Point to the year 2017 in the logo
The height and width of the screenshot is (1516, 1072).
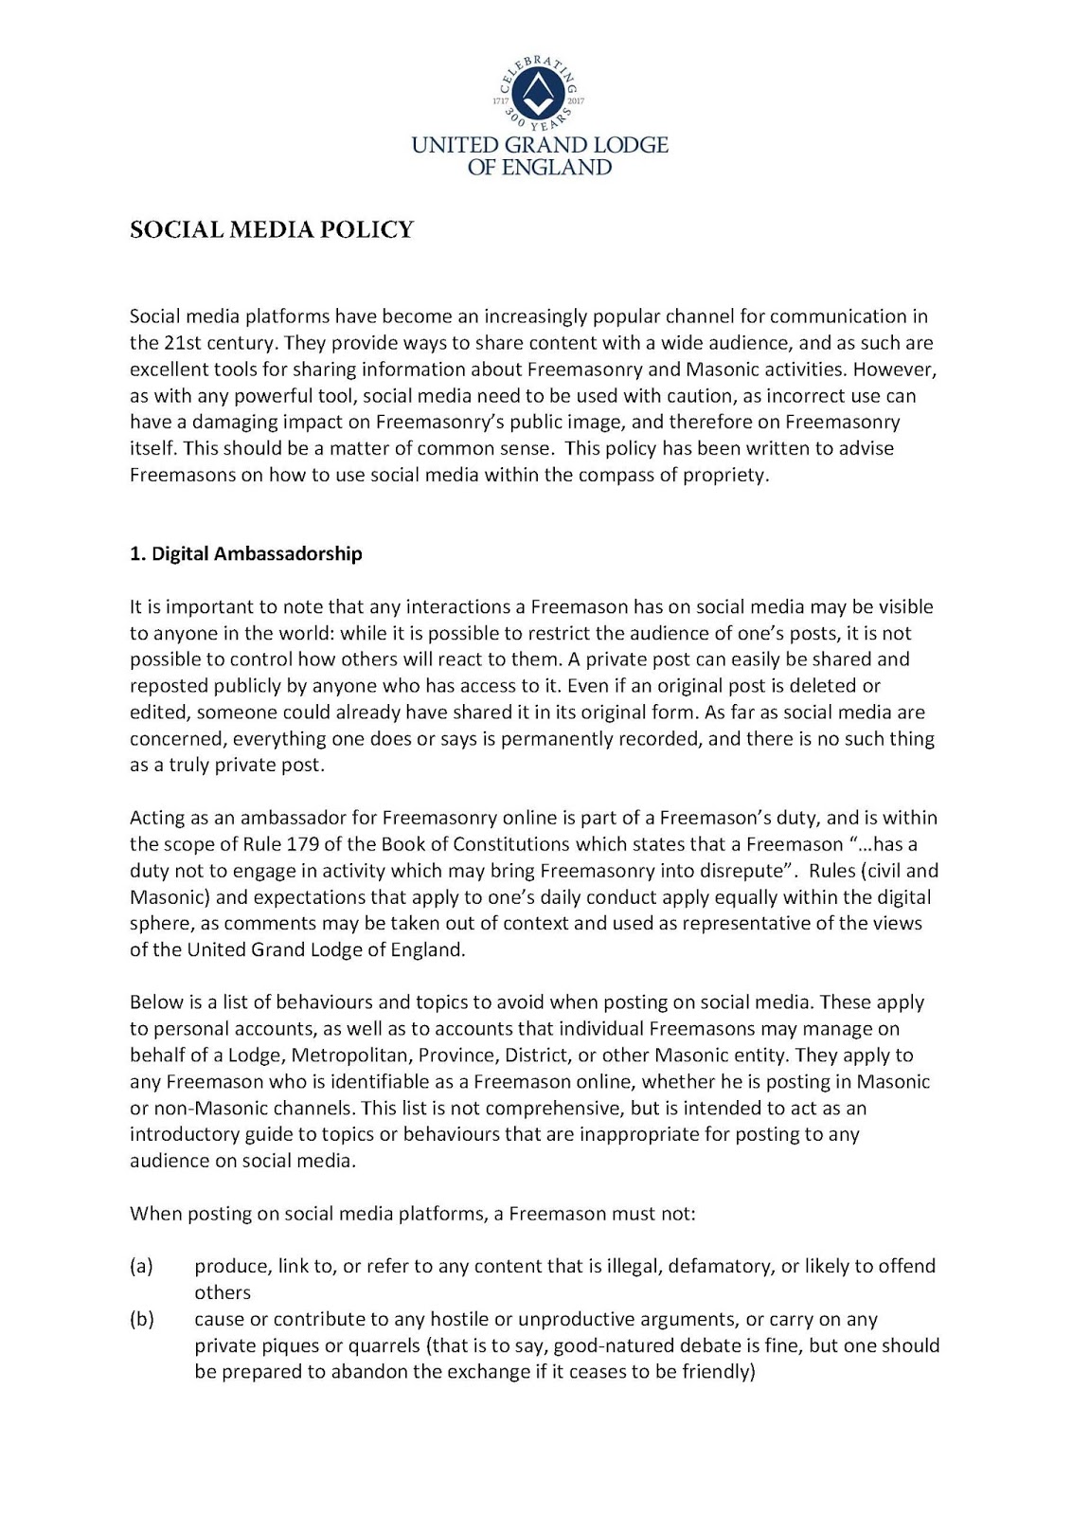[576, 99]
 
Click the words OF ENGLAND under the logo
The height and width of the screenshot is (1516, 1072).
[540, 168]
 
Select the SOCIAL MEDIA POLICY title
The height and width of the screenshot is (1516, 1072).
[272, 230]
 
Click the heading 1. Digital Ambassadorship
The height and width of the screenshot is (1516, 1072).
[245, 554]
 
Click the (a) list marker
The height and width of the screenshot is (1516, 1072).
[141, 1267]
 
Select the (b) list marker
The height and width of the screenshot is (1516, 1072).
[141, 1320]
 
